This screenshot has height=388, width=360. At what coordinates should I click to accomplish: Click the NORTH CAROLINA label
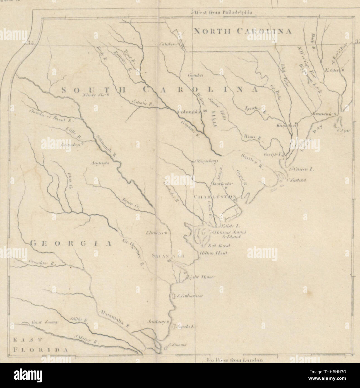click(243, 31)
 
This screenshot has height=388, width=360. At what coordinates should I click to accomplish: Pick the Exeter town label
click(332, 70)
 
